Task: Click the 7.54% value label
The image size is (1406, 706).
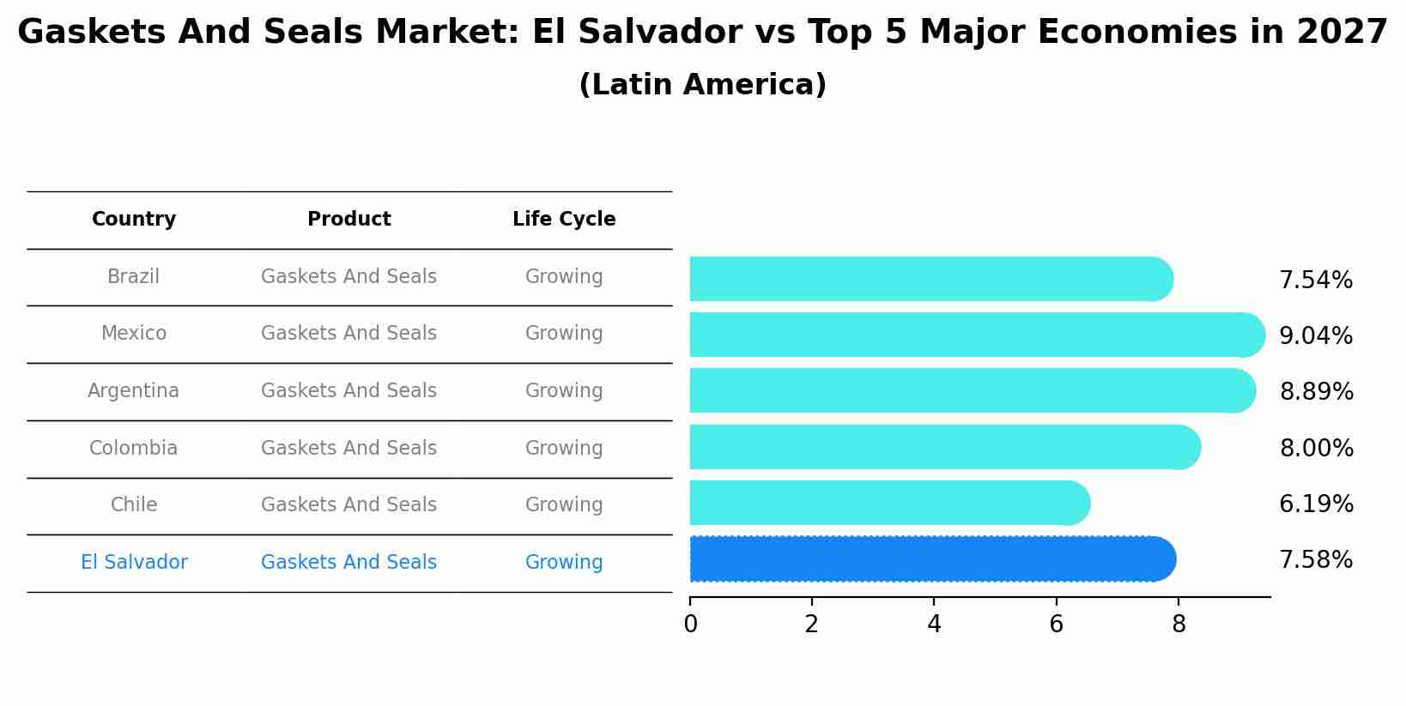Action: [x=1315, y=281]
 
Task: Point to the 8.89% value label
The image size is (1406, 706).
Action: [x=1316, y=392]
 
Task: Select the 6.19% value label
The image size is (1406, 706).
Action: [x=1316, y=504]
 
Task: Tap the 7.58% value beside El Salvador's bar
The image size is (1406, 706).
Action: [x=1315, y=560]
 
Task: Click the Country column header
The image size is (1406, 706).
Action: [x=134, y=220]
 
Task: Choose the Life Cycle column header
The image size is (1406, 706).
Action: [x=564, y=220]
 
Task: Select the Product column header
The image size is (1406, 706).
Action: [x=348, y=220]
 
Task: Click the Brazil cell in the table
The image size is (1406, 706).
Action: [x=133, y=277]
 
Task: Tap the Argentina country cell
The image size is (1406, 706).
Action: [x=133, y=391]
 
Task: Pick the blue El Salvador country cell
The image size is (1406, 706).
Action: [x=134, y=563]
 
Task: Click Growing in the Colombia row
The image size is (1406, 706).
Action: [x=564, y=449]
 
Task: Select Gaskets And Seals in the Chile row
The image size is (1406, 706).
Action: [x=348, y=505]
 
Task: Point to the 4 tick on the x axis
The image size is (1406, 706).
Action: [x=934, y=625]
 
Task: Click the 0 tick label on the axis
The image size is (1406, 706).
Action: [x=690, y=625]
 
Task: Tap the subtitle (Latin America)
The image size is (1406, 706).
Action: [x=702, y=85]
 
